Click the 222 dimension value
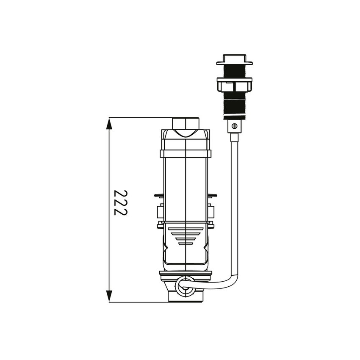(121, 202)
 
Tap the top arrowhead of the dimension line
(109, 124)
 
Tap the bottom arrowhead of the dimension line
(109, 296)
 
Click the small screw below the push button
(234, 126)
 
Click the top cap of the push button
(234, 59)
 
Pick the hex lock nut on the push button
(234, 84)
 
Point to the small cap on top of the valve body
(186, 124)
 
